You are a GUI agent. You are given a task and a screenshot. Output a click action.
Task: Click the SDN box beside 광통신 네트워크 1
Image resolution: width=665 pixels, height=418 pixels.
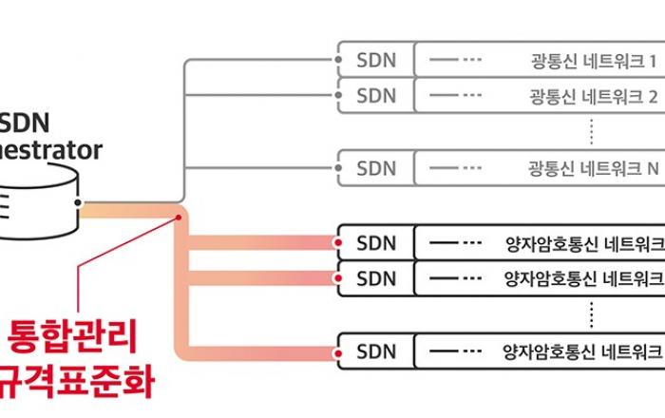point(376,62)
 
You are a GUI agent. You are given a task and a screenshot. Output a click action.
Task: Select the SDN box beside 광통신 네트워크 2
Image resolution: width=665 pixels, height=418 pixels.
point(376,96)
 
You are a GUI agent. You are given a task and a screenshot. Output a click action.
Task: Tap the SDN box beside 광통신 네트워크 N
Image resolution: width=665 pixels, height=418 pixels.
point(376,168)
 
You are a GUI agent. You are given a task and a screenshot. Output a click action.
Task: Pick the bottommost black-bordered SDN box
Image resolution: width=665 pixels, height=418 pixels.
point(376,351)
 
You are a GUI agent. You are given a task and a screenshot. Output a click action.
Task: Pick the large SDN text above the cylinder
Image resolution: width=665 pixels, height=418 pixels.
point(28,123)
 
